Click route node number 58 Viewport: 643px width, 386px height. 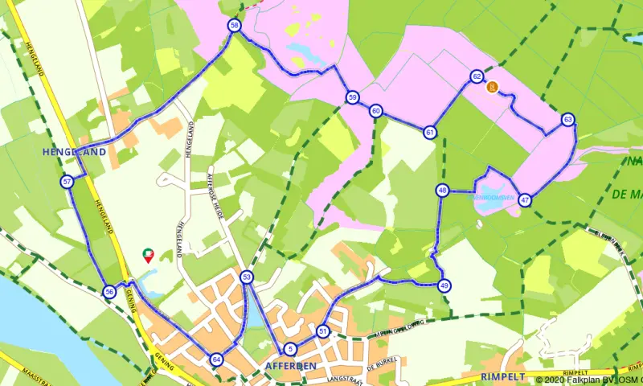(234, 26)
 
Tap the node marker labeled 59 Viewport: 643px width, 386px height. (353, 97)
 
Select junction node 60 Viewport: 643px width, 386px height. (375, 111)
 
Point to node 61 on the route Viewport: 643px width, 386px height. (431, 132)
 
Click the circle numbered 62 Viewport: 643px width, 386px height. (477, 76)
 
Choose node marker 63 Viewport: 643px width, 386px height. (568, 120)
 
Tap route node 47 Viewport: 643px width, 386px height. (525, 199)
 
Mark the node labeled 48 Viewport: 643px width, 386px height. (443, 191)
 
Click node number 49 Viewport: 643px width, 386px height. (444, 285)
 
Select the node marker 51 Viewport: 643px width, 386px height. (323, 331)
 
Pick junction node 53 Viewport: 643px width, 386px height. (247, 277)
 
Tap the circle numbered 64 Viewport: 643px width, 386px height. (216, 359)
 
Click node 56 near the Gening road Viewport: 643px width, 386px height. (109, 292)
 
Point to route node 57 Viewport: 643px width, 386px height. (67, 183)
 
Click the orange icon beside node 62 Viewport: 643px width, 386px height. (493, 87)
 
